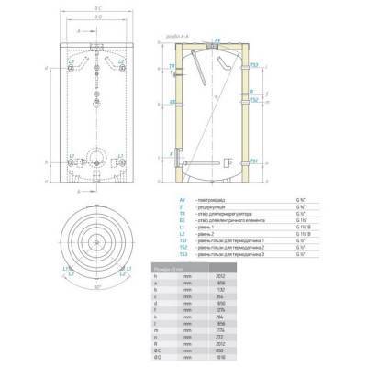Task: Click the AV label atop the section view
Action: coord(217,40)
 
